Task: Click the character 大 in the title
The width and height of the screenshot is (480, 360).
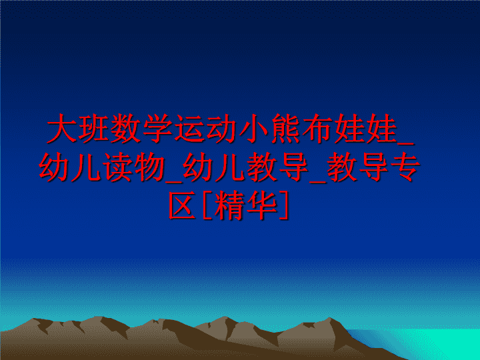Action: click(62, 128)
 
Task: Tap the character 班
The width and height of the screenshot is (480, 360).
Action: click(94, 128)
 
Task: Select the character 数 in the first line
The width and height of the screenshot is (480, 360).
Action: click(126, 128)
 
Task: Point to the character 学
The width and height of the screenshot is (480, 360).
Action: click(158, 128)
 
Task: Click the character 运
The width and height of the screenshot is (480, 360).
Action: click(190, 128)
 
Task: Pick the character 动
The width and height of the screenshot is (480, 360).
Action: click(222, 128)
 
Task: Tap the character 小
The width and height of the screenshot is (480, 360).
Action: click(254, 128)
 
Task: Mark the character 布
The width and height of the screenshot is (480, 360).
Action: click(318, 128)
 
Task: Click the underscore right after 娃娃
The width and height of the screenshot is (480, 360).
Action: click(405, 143)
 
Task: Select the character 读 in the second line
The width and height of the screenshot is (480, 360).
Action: click(118, 167)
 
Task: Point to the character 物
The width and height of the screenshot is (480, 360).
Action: click(150, 167)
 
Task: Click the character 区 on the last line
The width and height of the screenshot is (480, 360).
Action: click(183, 205)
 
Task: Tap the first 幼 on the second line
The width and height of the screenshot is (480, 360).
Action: click(54, 167)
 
